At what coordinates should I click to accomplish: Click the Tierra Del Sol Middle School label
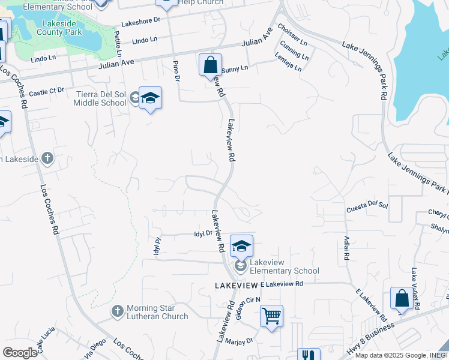100,98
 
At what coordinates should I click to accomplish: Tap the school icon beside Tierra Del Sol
149,98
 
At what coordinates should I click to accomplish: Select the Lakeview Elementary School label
285,266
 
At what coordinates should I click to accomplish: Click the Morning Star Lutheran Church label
158,312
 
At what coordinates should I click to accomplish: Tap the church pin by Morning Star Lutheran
118,311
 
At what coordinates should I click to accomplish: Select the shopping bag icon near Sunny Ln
210,64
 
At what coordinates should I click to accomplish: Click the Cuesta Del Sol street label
367,208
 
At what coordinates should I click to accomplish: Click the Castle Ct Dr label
46,92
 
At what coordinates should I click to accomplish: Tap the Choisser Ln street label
292,36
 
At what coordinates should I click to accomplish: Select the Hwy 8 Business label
370,339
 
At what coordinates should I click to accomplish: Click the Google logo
20,352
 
